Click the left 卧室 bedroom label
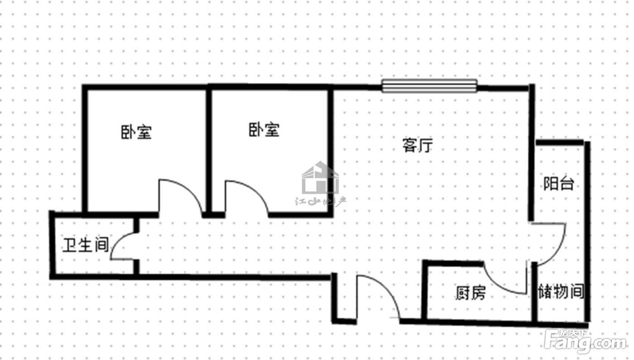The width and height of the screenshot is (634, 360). click(x=136, y=132)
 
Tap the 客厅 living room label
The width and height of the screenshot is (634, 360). click(x=418, y=145)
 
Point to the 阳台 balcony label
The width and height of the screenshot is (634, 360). click(x=558, y=183)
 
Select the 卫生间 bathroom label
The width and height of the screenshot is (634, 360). click(x=86, y=245)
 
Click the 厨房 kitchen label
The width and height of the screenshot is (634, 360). click(x=471, y=293)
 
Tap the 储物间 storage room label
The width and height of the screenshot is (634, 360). click(x=561, y=291)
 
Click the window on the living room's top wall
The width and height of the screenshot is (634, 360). click(x=429, y=86)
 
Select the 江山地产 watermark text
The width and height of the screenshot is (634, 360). click(x=321, y=202)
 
